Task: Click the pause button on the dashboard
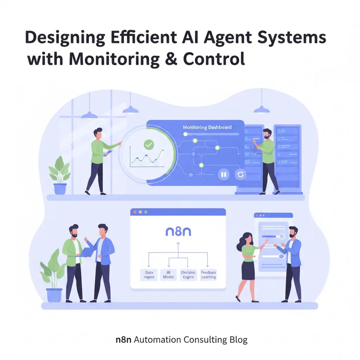[x=223, y=174]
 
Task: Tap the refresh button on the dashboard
[x=240, y=174]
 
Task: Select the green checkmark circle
[x=148, y=145]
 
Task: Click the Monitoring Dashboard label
[x=207, y=127]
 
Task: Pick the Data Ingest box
[x=149, y=274]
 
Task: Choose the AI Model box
[x=168, y=274]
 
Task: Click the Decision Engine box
[x=188, y=274]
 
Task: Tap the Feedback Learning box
[x=208, y=274]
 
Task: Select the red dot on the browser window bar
[x=135, y=212]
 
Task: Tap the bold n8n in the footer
[x=123, y=340]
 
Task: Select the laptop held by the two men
[x=85, y=252]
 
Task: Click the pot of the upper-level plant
[x=60, y=189]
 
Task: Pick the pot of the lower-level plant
[x=54, y=295]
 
